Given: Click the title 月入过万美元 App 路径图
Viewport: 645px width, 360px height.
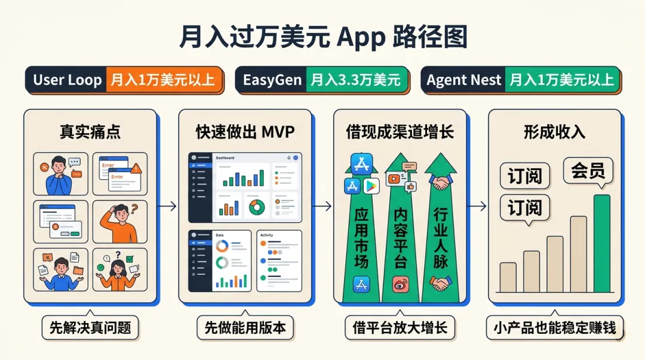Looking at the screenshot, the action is [x=322, y=37].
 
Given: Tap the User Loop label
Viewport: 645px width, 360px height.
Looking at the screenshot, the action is [x=67, y=80].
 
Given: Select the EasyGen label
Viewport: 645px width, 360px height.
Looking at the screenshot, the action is [x=272, y=80].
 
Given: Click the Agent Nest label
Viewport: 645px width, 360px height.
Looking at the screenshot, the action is [x=463, y=80].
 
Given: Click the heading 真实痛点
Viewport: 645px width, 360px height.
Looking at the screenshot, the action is [x=90, y=132].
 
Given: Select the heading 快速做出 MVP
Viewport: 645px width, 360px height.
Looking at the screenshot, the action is [x=245, y=132].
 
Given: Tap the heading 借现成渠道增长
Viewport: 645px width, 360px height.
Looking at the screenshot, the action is [x=400, y=132].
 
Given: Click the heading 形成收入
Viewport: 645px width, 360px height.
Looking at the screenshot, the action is [x=554, y=132].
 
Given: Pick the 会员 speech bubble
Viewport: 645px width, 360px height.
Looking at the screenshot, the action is [x=588, y=171].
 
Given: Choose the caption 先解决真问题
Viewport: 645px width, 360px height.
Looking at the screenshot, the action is [x=90, y=327].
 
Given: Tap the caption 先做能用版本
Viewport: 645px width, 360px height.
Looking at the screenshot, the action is [x=245, y=327].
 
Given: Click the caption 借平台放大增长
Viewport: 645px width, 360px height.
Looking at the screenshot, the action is [x=400, y=327].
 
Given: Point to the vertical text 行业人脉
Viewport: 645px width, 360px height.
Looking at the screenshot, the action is [x=440, y=238].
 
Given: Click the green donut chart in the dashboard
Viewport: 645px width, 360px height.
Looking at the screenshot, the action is [x=256, y=207].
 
